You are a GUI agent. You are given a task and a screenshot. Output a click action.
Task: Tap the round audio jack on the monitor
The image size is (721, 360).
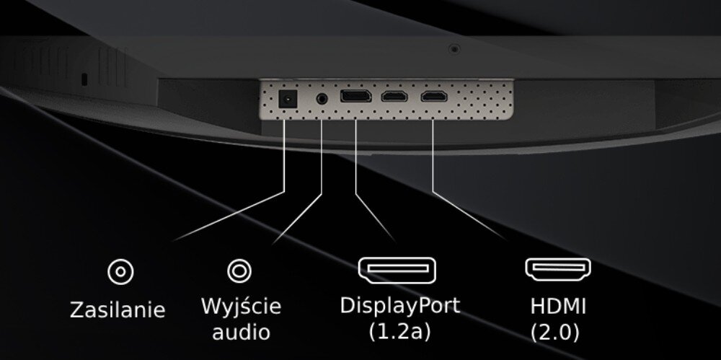(322, 97)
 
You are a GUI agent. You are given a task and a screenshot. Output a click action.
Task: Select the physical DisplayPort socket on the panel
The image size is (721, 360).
(355, 97)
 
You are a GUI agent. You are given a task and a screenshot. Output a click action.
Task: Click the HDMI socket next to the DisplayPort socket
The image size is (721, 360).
(394, 97)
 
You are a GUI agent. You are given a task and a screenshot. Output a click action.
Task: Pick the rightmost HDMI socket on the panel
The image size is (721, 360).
(433, 97)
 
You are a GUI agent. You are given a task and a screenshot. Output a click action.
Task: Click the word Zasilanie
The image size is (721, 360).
(118, 310)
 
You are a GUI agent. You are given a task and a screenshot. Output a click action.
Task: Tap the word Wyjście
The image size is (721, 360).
(241, 306)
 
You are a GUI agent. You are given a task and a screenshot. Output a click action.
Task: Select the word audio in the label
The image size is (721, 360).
(241, 332)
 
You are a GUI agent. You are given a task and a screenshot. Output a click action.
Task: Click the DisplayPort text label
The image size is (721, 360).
(399, 305)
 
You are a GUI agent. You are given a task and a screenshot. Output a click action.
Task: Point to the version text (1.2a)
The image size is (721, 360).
(399, 332)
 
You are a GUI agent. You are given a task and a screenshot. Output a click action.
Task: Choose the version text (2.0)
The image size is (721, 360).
(555, 333)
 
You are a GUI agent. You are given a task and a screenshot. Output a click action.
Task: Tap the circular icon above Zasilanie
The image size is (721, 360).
(120, 272)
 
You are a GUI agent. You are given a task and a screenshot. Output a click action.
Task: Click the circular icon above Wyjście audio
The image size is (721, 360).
(239, 271)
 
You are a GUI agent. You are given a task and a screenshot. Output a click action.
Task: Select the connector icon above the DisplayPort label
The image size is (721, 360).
(398, 270)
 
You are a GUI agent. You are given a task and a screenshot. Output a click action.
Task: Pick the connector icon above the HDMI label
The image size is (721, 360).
(558, 270)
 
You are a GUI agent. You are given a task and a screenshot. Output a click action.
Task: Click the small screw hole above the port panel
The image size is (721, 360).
(454, 49)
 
